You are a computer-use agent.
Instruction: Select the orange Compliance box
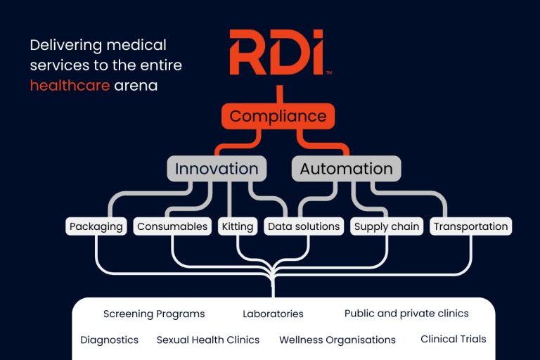coord(278,116)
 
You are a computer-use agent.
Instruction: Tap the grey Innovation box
coord(217,169)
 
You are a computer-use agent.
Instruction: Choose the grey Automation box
coord(346,169)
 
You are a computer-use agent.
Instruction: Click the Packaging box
coord(96,226)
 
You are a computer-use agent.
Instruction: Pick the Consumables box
coord(172,226)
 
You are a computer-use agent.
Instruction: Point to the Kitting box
coord(237,226)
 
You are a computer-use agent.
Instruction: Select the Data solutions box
coord(304,226)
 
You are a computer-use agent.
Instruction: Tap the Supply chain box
coord(387,226)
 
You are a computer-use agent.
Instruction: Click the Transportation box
coord(470,226)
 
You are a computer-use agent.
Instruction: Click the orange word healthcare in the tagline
coord(70,86)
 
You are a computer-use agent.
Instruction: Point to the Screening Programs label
coord(154,314)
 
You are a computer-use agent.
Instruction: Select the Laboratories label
coord(273,314)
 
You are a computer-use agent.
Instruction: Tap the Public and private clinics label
coord(406,314)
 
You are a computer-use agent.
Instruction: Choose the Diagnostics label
coord(109,340)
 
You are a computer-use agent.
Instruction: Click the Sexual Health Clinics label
coord(208,340)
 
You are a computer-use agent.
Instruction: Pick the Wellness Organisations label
coord(337,340)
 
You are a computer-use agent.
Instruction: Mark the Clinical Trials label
coord(454,339)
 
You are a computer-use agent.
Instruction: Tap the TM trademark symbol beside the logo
coord(328,72)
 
